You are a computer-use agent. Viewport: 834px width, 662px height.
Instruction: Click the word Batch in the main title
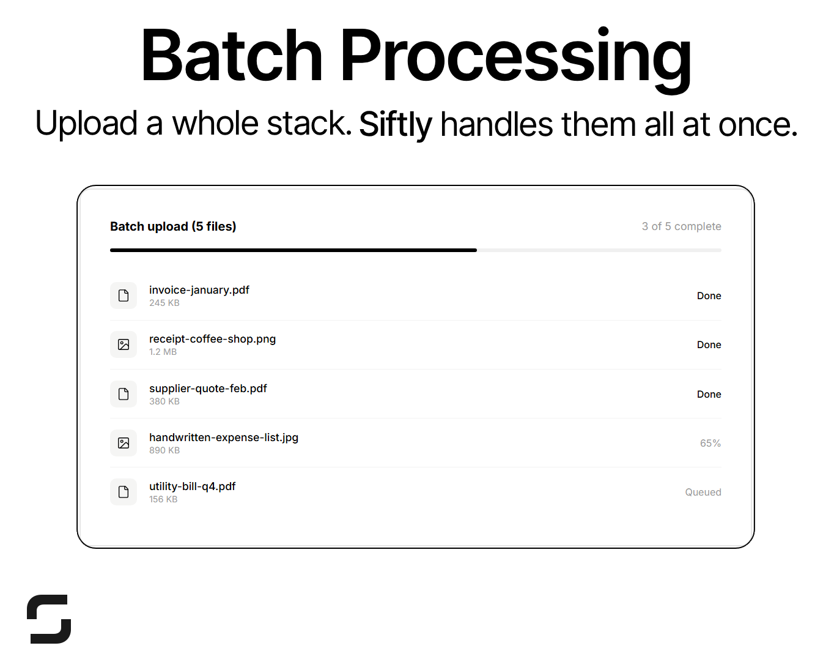(x=231, y=56)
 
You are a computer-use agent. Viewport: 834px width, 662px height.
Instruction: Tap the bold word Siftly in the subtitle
(x=395, y=124)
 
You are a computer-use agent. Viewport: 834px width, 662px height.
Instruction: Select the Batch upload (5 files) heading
(x=173, y=226)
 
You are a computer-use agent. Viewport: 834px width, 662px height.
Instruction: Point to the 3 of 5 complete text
(x=681, y=226)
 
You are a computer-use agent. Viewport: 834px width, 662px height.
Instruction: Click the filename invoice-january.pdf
(x=199, y=290)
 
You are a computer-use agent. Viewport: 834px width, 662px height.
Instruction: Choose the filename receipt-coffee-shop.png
(x=212, y=339)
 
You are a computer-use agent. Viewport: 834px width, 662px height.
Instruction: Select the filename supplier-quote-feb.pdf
(x=208, y=389)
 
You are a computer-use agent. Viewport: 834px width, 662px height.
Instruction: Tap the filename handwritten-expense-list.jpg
(x=224, y=437)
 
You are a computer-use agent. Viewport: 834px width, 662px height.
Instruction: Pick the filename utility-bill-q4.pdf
(x=192, y=486)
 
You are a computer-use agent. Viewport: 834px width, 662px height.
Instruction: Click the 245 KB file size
(x=164, y=303)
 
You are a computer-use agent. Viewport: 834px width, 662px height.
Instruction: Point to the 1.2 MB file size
(x=163, y=352)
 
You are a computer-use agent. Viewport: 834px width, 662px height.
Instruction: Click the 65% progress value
(x=710, y=443)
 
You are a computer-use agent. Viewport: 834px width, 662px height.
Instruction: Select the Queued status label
(x=703, y=492)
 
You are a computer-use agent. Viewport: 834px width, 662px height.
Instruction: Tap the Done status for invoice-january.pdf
(x=709, y=296)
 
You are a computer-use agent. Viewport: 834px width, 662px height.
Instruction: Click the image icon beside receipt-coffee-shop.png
(x=124, y=344)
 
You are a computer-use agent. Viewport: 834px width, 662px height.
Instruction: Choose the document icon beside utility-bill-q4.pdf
(x=124, y=492)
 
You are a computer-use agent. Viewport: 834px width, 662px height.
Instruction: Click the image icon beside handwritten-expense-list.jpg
(x=124, y=443)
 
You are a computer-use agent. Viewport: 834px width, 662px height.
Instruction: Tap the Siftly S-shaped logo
(x=49, y=619)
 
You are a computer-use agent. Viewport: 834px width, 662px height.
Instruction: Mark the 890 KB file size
(x=164, y=450)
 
